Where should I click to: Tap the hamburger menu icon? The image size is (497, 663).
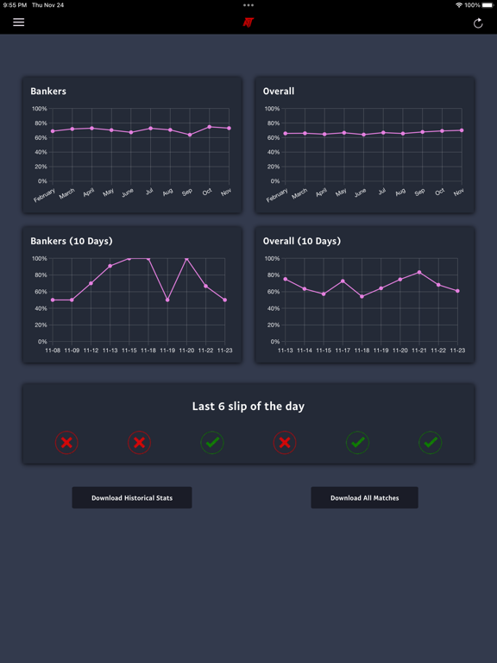tap(18, 22)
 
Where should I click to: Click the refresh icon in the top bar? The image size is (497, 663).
tap(478, 23)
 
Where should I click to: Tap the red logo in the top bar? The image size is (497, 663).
tap(248, 22)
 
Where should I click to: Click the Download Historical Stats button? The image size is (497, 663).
tap(132, 498)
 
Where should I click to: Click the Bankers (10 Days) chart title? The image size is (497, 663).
tap(72, 241)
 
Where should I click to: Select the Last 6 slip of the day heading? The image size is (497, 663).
tap(248, 406)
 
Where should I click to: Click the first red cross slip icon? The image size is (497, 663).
tap(66, 443)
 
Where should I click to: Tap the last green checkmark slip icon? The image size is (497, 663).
tap(430, 443)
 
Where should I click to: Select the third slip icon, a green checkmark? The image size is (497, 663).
tap(212, 443)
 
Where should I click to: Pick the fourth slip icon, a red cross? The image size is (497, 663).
tap(285, 443)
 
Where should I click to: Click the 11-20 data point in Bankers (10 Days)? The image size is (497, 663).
tap(186, 258)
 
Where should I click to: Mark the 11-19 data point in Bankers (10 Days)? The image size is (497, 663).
tap(167, 300)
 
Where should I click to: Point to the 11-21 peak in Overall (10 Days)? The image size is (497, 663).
tap(419, 273)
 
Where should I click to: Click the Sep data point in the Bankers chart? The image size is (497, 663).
tap(190, 135)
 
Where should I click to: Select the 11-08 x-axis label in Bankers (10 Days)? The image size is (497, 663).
tap(53, 350)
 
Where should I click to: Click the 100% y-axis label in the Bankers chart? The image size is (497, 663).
tap(39, 109)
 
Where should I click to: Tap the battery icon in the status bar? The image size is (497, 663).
tap(488, 5)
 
